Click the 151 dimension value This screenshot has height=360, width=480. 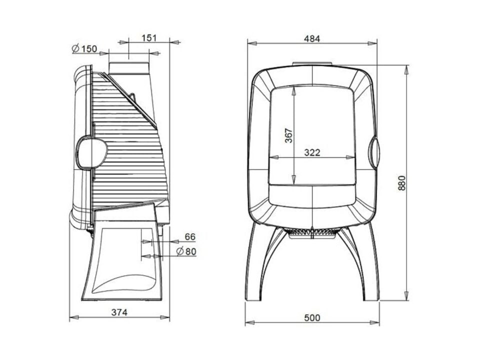149,38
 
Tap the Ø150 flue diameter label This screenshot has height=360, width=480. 84,48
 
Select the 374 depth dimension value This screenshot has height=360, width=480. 119,312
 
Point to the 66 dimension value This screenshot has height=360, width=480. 190,236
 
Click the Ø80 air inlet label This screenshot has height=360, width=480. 186,251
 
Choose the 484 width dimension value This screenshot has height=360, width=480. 312,39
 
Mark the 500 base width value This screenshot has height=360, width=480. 312,318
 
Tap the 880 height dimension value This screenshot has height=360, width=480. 401,183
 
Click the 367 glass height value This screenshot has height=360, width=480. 288,135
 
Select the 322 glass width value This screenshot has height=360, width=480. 312,152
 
